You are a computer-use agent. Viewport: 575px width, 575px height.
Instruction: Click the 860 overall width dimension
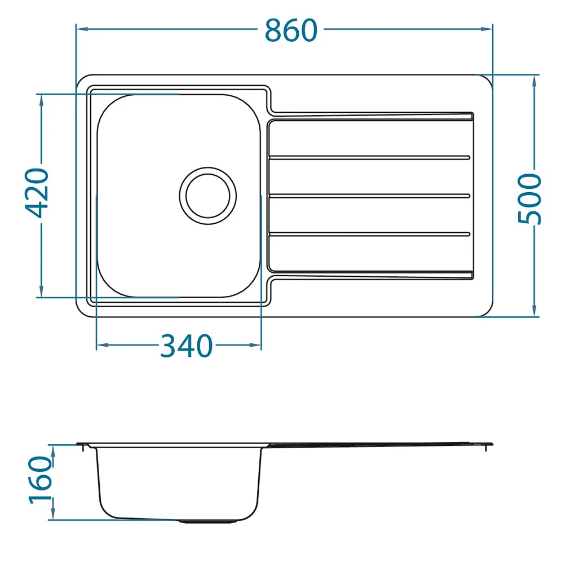(291, 30)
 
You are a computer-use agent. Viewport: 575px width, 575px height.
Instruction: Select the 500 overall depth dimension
(529, 198)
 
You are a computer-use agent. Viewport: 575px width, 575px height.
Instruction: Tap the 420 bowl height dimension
(37, 193)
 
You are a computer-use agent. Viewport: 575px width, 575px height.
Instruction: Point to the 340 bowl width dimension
(186, 346)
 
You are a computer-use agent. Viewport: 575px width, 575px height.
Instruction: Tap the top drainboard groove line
(369, 158)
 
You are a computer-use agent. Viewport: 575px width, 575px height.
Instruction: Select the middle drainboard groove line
(369, 196)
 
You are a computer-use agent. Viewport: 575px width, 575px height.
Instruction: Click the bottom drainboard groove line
(369, 234)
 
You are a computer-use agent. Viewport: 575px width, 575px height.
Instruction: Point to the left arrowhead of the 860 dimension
(82, 29)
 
